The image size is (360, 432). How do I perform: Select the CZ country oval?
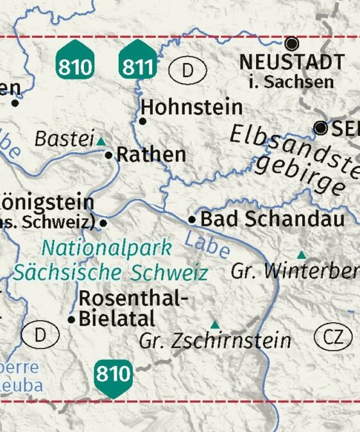coord(333,337)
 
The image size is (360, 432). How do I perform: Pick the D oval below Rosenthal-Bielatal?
coord(40,334)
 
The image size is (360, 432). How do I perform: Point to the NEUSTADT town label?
coord(291,63)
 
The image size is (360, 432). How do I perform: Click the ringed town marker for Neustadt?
coord(292,44)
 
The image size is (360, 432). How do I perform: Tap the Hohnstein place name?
coord(192,107)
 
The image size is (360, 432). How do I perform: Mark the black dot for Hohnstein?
coord(142,121)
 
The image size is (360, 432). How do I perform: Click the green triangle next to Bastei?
coord(101,141)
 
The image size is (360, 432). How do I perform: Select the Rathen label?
coord(151,155)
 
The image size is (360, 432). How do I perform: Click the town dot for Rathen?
coord(108,155)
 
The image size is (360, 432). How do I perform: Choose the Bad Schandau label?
coord(272,219)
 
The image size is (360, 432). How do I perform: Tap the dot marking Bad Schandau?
coord(191,220)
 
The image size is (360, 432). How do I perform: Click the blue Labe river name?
coord(207,245)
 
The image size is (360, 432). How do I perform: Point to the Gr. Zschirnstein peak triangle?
coord(215,325)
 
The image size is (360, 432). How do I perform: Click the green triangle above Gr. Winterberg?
coord(301,255)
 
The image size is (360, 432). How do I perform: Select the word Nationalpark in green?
coord(107,247)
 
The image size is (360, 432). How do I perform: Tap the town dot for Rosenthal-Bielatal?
coord(71,319)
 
